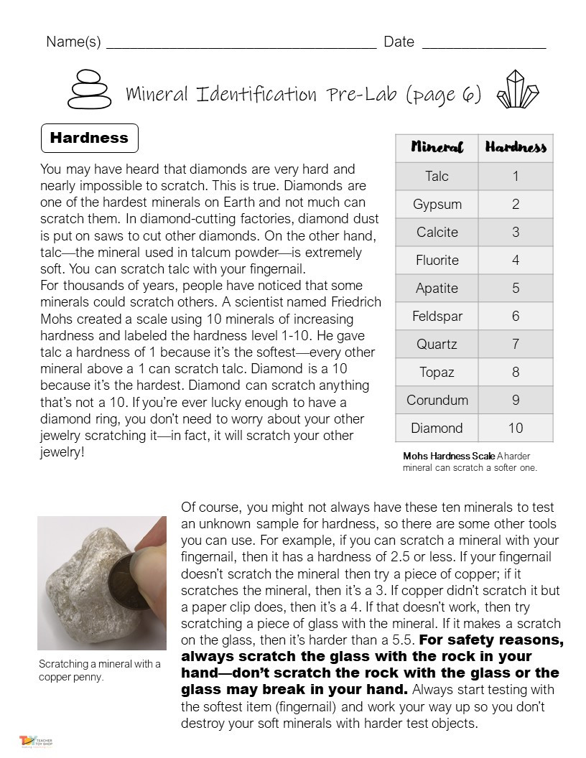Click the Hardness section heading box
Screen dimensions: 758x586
tap(89, 138)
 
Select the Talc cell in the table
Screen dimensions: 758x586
tap(437, 176)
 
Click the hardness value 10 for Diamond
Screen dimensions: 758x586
tap(516, 428)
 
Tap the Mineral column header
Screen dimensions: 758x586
tap(437, 147)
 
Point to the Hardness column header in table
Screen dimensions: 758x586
tap(516, 147)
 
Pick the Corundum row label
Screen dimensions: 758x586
tap(437, 400)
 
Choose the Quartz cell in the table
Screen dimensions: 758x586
tap(437, 344)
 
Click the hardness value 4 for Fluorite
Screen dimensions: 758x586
tap(516, 260)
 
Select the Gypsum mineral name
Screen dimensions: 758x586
tap(437, 204)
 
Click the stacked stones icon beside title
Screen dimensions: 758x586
tap(88, 90)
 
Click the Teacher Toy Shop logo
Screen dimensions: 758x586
tap(36, 741)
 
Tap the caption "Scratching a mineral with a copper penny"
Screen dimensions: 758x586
tap(99, 670)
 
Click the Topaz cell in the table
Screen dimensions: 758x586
tap(437, 372)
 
